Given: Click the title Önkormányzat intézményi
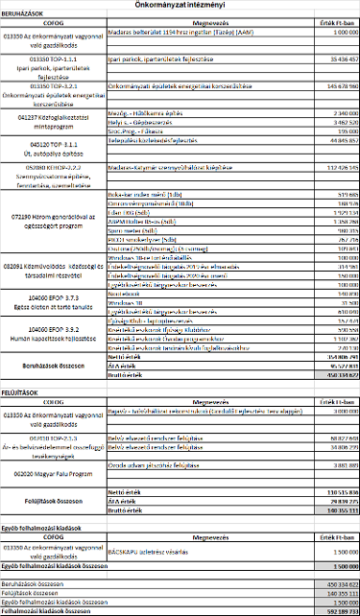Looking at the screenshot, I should click(180, 5).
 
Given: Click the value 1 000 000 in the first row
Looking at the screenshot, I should click(331, 34).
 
